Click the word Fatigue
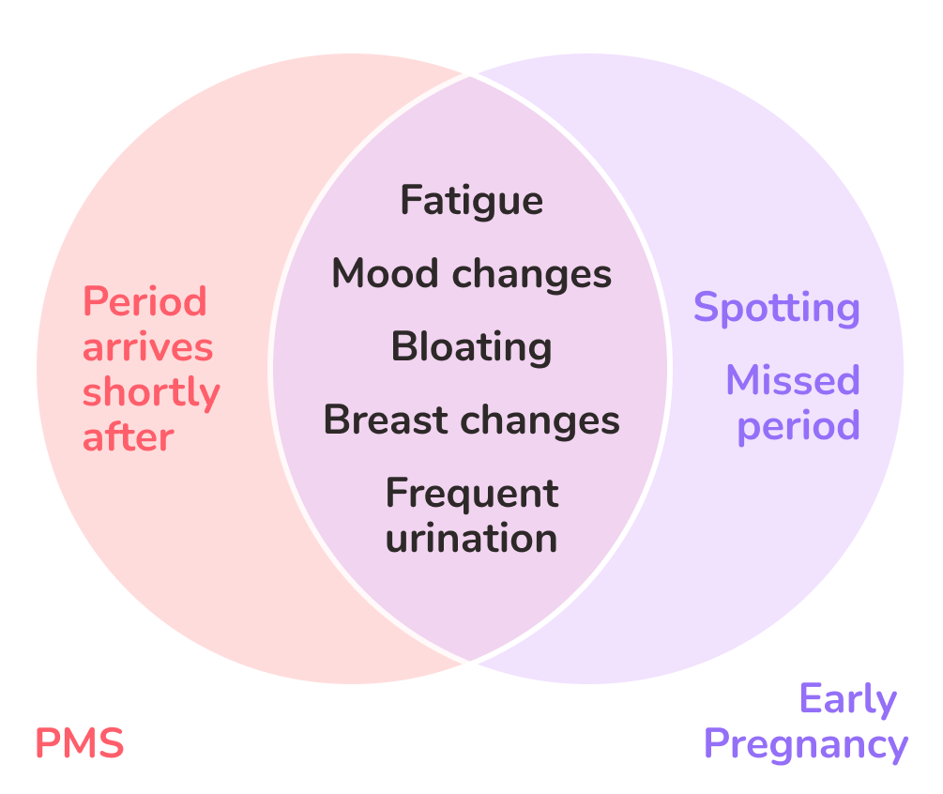pos(471,201)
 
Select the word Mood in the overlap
pos(385,274)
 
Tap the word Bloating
pos(471,347)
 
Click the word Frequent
pos(472,495)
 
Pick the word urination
pos(471,538)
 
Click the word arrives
pos(148,347)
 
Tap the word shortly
pos(152,393)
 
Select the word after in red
pos(129,436)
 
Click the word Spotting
pos(776,309)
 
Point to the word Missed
pos(793,380)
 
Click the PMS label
pos(80,743)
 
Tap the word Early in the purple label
pos(848,699)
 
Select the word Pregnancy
pos(806,745)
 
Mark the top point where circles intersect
pos(470,75)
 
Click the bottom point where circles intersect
pos(470,662)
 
